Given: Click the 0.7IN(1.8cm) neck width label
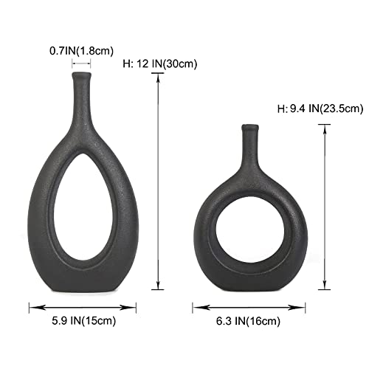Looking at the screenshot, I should (x=83, y=51).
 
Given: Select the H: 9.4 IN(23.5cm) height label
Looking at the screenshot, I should (x=320, y=109).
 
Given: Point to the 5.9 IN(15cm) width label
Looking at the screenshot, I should (x=82, y=321).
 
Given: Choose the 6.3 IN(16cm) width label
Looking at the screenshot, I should (x=246, y=321).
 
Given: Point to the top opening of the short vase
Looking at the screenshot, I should (x=251, y=127).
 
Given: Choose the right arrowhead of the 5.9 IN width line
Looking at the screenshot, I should (x=136, y=305).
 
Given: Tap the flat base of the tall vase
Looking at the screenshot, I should (x=82, y=289).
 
